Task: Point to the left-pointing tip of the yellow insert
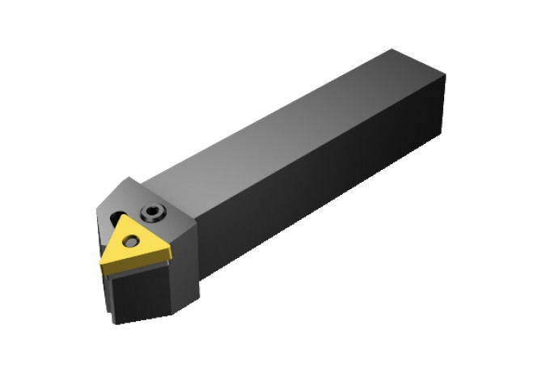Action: click(x=103, y=260)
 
